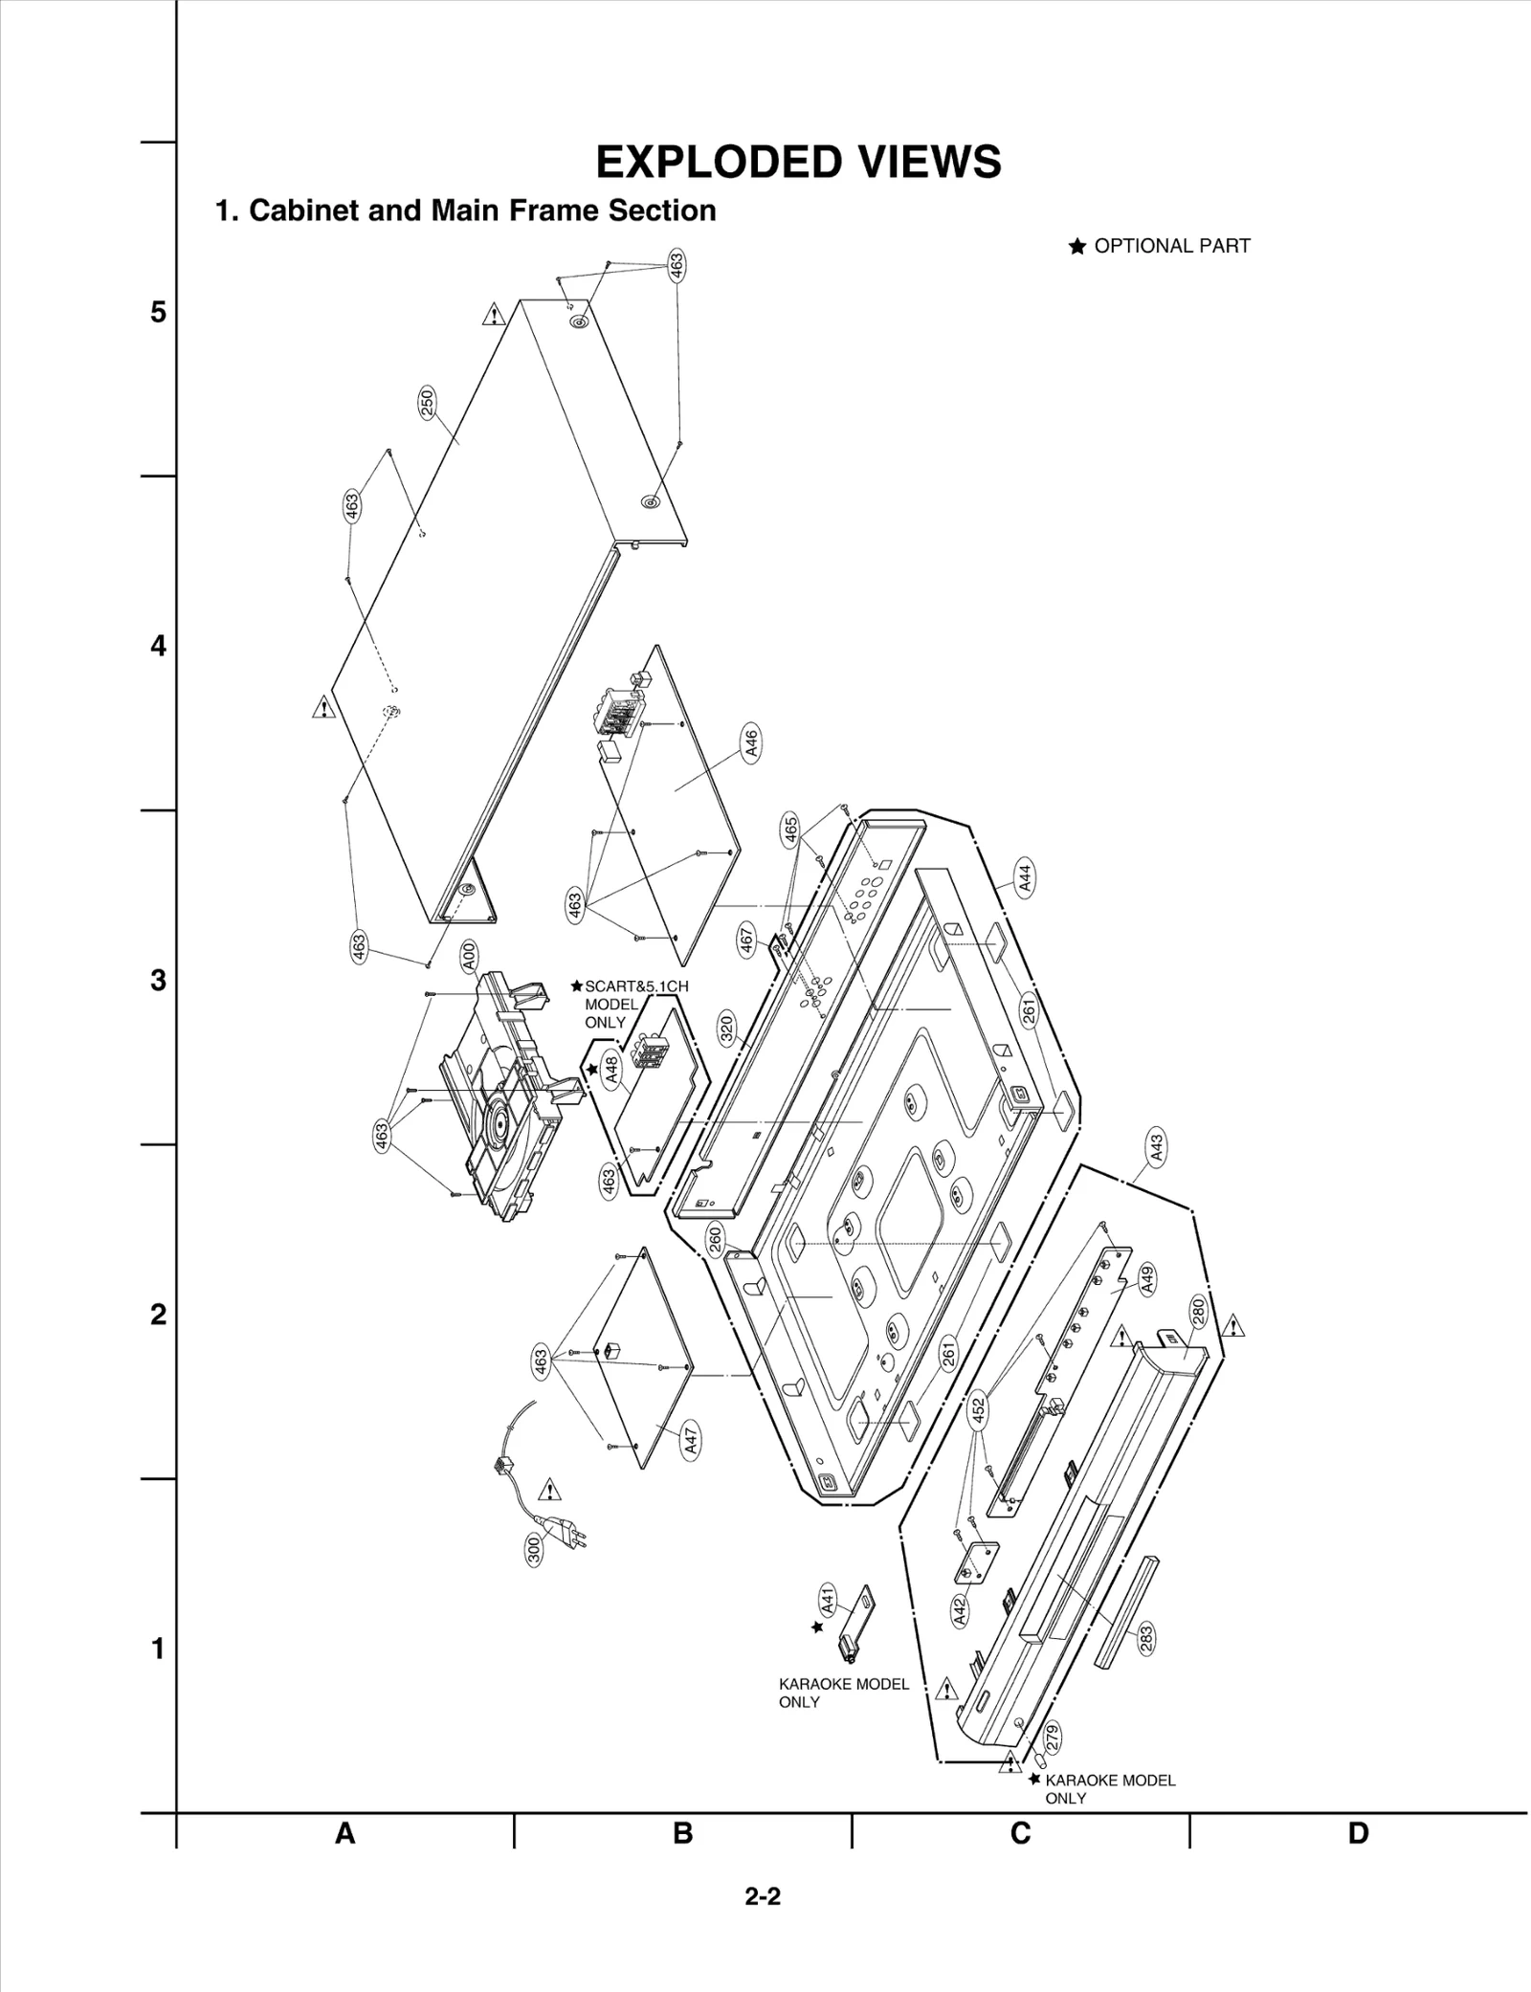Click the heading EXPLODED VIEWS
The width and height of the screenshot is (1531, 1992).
coord(798,163)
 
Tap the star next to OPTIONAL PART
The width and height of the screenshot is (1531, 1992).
coord(1076,247)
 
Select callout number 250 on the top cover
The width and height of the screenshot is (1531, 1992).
coord(428,402)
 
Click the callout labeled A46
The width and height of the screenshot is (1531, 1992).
coord(752,743)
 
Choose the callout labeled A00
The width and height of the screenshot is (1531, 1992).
coord(469,956)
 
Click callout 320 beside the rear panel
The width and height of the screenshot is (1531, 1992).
coord(726,1029)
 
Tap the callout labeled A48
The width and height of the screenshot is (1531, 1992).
coord(612,1069)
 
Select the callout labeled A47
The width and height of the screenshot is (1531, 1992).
coord(691,1441)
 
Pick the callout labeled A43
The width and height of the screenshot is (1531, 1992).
coord(1157,1146)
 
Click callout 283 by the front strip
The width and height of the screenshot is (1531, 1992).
coord(1146,1639)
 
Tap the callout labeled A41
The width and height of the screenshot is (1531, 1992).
coord(828,1599)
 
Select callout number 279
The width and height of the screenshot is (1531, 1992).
coord(1053,1733)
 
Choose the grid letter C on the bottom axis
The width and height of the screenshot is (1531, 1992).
coord(1020,1834)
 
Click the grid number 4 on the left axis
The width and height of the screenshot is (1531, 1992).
coord(158,647)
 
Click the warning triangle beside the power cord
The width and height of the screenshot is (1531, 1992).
coord(550,1490)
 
